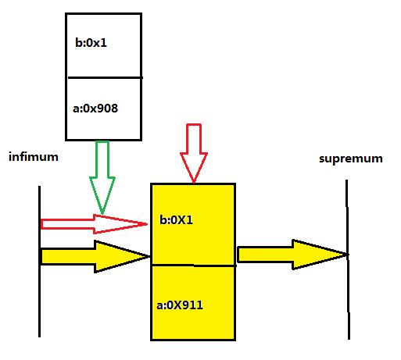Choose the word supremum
[351, 159]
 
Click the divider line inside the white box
[103, 77]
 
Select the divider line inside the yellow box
[193, 266]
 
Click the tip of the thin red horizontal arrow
[148, 224]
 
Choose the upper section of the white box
[103, 45]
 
